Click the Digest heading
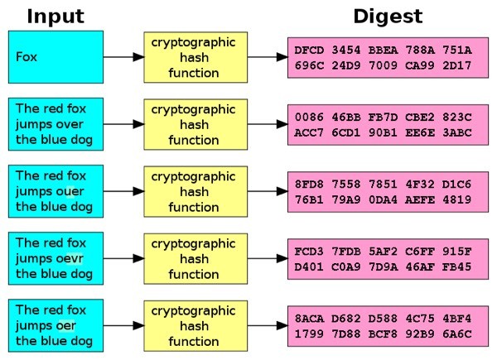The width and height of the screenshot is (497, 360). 388,16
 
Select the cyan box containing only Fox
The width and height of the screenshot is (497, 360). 55,57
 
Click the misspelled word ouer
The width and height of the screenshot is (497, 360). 66,191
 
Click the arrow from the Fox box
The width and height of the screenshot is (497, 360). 123,57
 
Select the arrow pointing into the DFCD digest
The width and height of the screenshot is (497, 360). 265,57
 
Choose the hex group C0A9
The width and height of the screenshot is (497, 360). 345,266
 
